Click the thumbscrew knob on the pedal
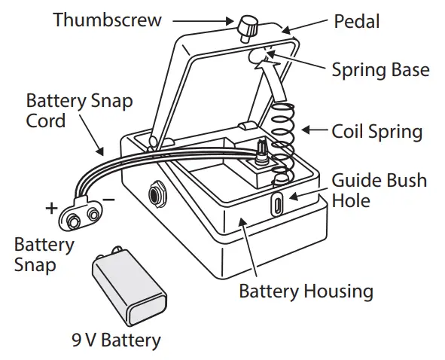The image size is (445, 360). pyautogui.click(x=248, y=29)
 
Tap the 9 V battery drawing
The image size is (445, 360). pyautogui.click(x=129, y=286)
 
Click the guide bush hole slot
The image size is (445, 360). pyautogui.click(x=277, y=203)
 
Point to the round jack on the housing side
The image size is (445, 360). pyautogui.click(x=157, y=194)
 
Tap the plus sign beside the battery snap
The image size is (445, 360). pyautogui.click(x=51, y=208)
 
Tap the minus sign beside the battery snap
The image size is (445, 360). pyautogui.click(x=108, y=200)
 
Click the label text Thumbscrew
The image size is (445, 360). pyautogui.click(x=107, y=20)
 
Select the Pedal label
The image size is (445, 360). pyautogui.click(x=356, y=21)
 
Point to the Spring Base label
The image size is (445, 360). pyautogui.click(x=380, y=70)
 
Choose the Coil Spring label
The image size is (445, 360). pyautogui.click(x=377, y=132)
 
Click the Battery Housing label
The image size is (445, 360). pyautogui.click(x=306, y=291)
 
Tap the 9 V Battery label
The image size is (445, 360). pyautogui.click(x=117, y=340)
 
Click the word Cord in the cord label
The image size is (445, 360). pyautogui.click(x=46, y=121)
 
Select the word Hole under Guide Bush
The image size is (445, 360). pyautogui.click(x=351, y=200)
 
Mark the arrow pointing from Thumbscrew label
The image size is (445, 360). pyautogui.click(x=203, y=21)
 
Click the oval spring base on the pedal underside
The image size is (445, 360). pyautogui.click(x=257, y=56)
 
